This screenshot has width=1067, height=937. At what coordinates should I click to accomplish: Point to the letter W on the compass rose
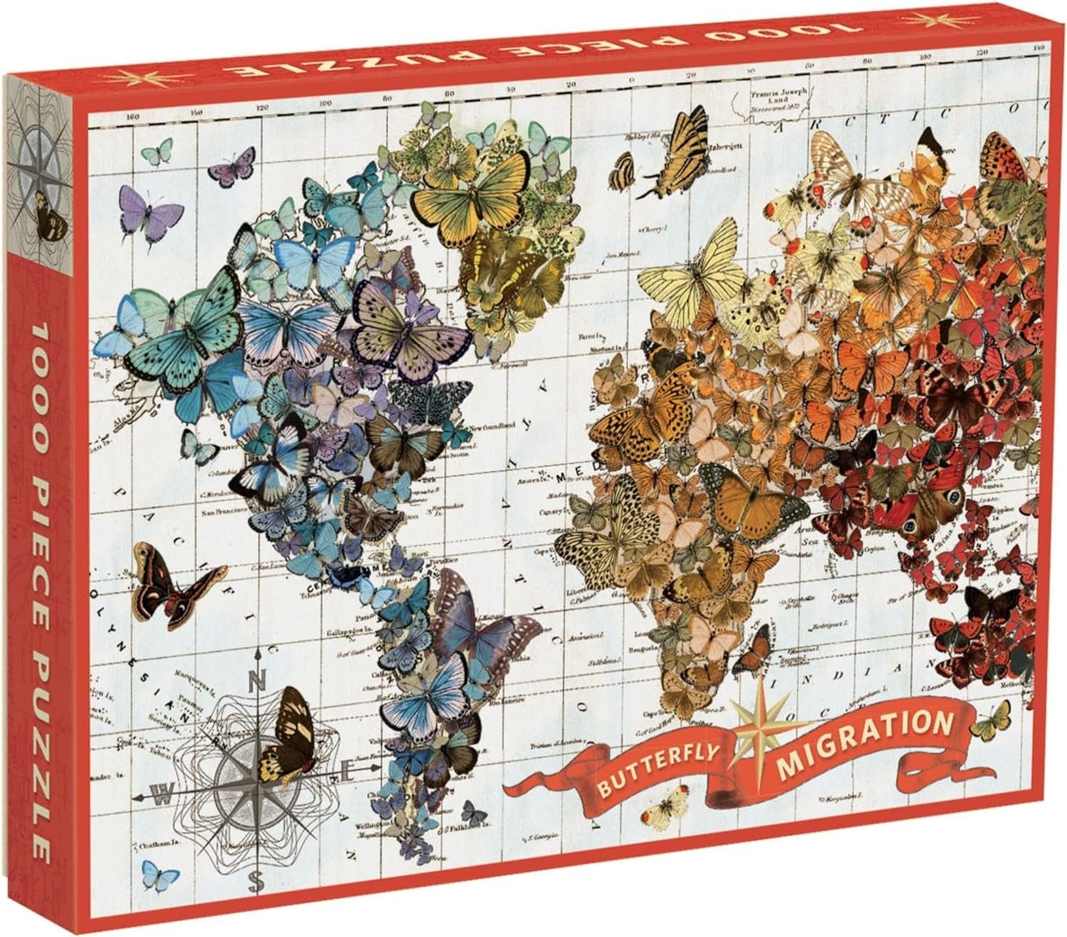coord(163,797)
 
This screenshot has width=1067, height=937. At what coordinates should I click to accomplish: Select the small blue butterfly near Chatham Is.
coord(160,874)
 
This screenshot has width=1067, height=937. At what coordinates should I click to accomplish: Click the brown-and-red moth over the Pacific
coord(172,577)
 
